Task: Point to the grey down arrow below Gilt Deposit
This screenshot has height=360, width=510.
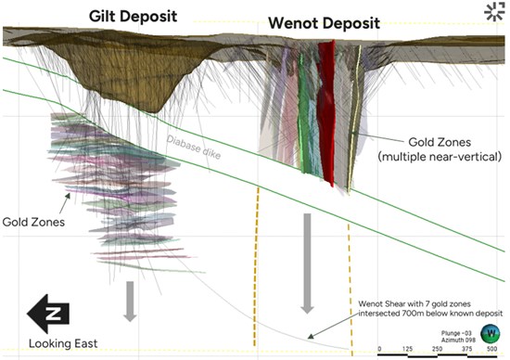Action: click(x=131, y=299)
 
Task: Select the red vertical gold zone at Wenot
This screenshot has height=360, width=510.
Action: click(x=325, y=111)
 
